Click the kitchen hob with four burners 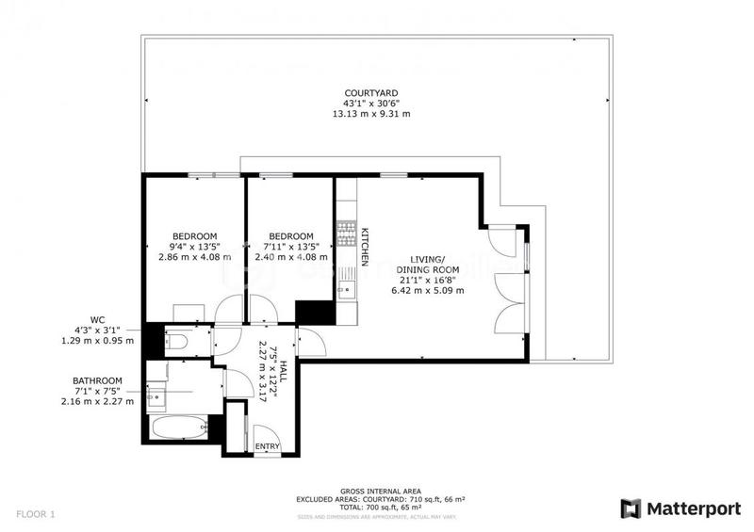[345, 234]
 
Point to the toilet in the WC [175, 341]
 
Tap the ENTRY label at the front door [267, 445]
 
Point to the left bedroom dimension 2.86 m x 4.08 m [194, 257]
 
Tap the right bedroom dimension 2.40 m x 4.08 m [290, 257]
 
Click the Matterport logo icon [629, 508]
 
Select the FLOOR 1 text [36, 514]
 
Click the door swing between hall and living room [312, 345]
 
